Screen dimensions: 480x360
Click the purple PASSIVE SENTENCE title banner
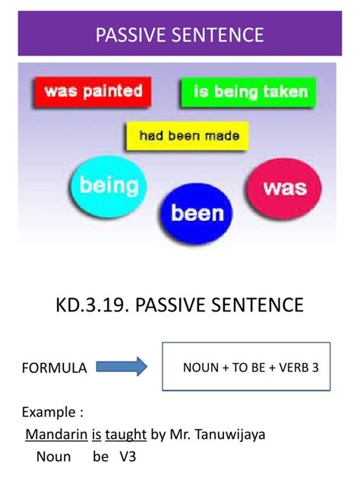point(180,34)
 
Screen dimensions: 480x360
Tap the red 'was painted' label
point(93,93)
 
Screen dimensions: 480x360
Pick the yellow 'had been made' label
point(189,137)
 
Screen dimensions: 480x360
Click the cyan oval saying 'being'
point(109,185)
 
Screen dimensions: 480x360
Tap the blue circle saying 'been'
point(197,213)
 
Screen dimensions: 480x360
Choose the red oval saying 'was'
point(284,188)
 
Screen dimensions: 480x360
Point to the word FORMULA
point(54,368)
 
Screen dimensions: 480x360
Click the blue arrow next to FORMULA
point(122,368)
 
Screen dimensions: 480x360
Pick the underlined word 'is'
point(96,435)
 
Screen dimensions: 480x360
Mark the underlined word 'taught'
point(125,435)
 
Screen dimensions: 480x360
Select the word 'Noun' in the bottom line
point(53,457)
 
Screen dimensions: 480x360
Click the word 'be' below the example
point(101,457)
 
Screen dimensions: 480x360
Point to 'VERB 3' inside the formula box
point(295,368)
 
